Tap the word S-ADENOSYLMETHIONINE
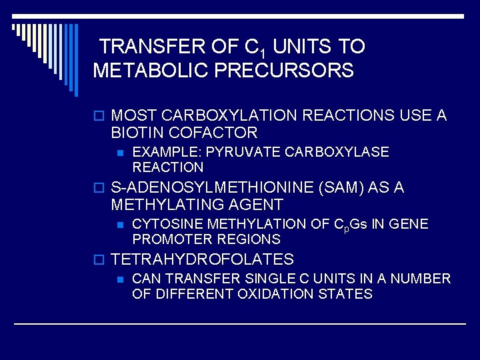point(214,188)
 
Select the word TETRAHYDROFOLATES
point(203,259)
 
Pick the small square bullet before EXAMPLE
point(120,153)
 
